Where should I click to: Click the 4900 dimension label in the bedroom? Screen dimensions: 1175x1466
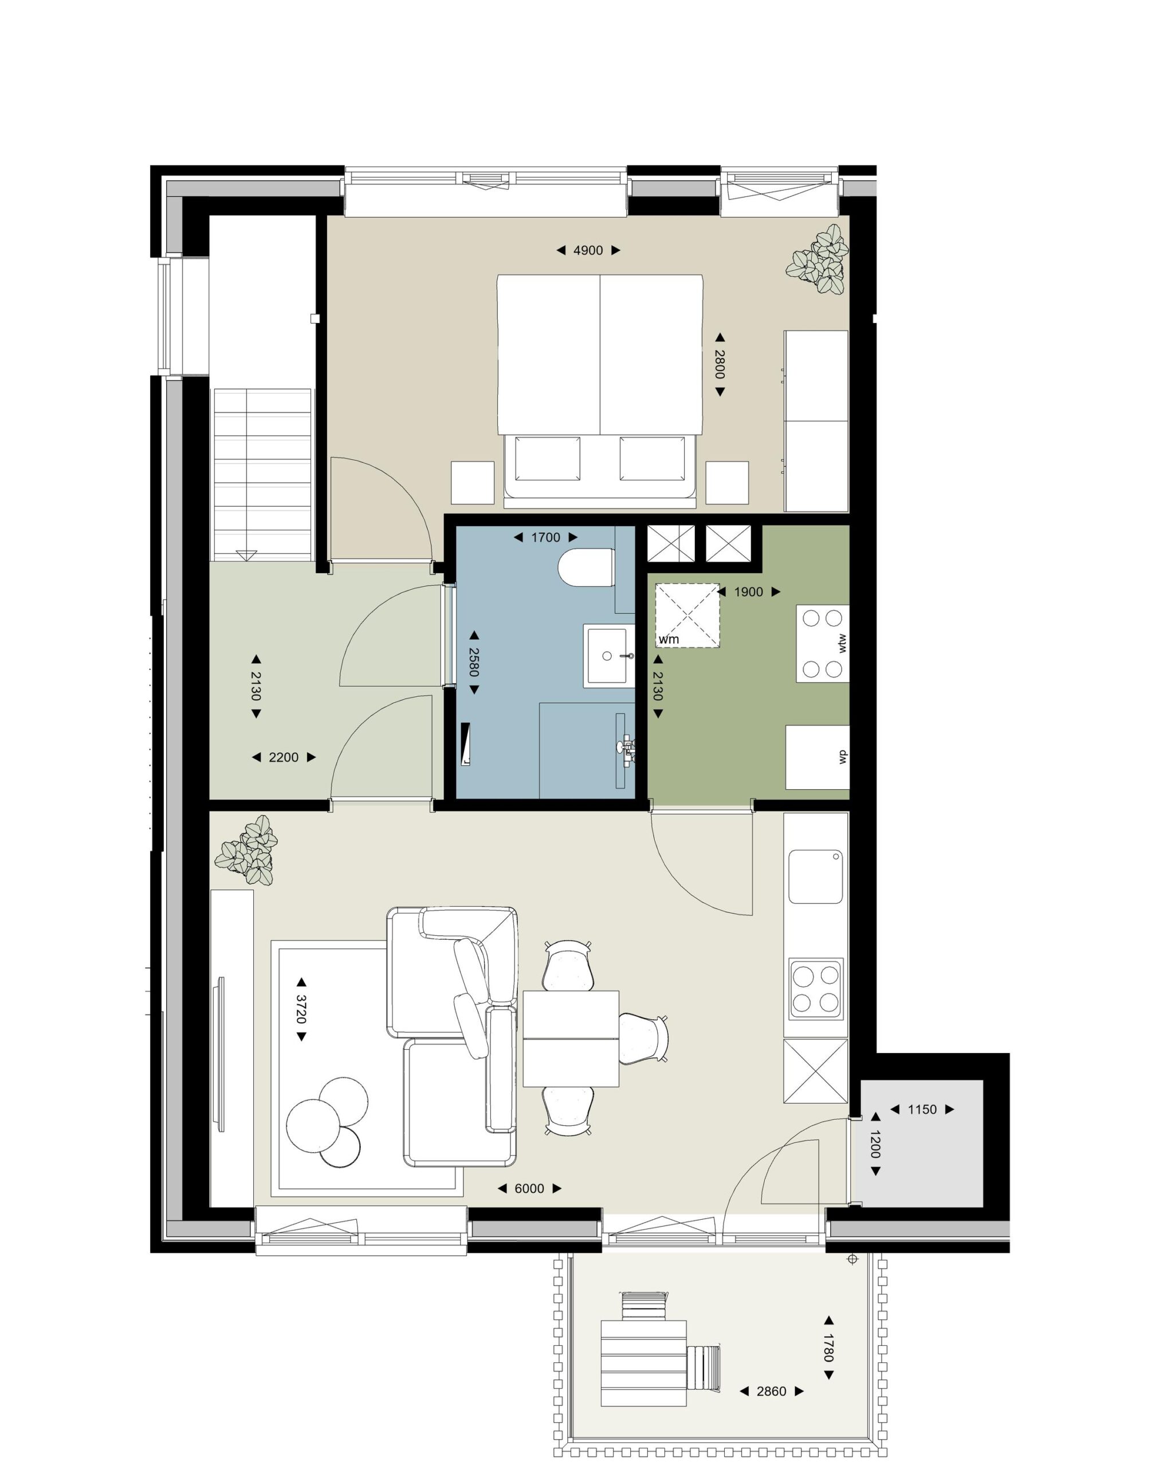(588, 250)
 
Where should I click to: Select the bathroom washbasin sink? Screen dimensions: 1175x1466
(608, 656)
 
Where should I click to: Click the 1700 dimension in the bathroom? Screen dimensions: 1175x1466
(545, 537)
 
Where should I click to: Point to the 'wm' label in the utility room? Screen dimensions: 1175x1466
(668, 639)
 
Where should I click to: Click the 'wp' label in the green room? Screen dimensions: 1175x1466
(842, 757)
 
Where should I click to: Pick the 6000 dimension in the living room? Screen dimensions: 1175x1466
(529, 1189)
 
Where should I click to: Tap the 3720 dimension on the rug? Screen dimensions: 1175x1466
(301, 1009)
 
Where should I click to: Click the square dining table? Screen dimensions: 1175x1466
(571, 1038)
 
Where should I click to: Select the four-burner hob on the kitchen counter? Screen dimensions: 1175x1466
(816, 988)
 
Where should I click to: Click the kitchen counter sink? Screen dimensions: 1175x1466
(816, 877)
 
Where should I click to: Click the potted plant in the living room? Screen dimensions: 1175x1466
(246, 850)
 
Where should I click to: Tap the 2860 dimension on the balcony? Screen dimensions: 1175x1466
(772, 1391)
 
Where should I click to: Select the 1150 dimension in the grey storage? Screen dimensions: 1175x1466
(922, 1110)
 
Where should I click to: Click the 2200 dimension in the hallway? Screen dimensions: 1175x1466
(284, 757)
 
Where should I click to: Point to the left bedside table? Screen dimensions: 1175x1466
(473, 483)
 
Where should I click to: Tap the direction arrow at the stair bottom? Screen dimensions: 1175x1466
(247, 555)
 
